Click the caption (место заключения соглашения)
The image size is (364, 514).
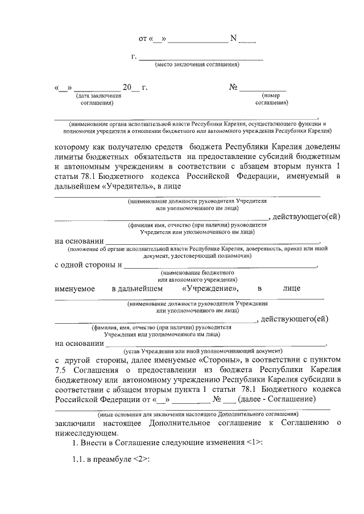tap(197, 65)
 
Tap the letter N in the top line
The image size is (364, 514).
tap(233, 39)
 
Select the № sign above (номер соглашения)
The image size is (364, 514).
tap(233, 87)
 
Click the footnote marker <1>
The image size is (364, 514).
tap(255, 442)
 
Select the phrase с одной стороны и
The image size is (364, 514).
tap(88, 265)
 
